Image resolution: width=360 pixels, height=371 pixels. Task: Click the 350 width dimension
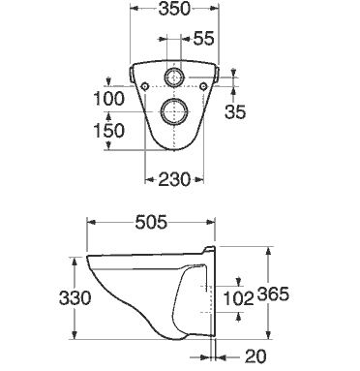click(174, 10)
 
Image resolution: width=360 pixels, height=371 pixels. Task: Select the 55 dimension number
click(203, 39)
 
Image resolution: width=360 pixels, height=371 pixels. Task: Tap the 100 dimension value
click(108, 99)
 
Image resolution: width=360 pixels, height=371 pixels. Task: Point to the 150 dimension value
click(108, 131)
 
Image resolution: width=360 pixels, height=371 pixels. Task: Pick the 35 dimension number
click(235, 111)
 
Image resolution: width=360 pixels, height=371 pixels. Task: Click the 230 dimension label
click(174, 179)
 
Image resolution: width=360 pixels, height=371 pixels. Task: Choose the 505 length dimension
click(151, 222)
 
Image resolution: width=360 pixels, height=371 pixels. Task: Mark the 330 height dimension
click(75, 298)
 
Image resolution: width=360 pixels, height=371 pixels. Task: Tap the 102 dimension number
click(239, 298)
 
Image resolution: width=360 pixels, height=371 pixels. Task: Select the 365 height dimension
click(273, 294)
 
